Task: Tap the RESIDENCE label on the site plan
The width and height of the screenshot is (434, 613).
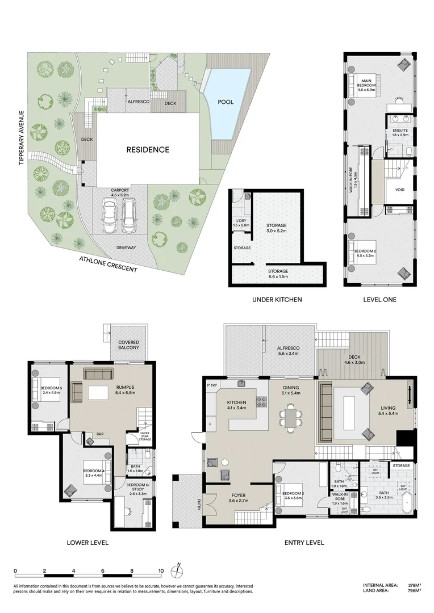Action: coord(148,150)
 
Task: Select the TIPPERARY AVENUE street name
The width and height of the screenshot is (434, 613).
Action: coord(21,137)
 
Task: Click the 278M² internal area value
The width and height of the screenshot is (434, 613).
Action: coord(414,585)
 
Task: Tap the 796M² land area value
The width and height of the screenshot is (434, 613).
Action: coord(414,591)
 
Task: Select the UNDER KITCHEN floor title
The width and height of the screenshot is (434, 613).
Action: coord(277,299)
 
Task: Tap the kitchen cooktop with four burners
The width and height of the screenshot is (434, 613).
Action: coord(262,401)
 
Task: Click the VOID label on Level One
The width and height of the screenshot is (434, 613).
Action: coord(399,190)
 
